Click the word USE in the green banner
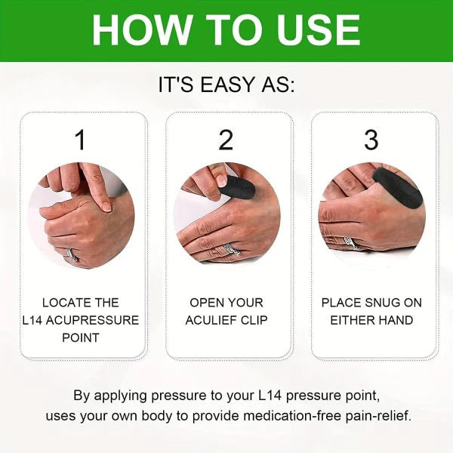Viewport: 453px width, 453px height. point(316,30)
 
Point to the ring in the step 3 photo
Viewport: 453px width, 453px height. point(350,243)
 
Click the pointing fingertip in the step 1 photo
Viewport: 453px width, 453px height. point(106,205)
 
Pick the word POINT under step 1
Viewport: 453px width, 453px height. point(82,337)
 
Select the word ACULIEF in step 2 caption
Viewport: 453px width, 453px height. point(212,320)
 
